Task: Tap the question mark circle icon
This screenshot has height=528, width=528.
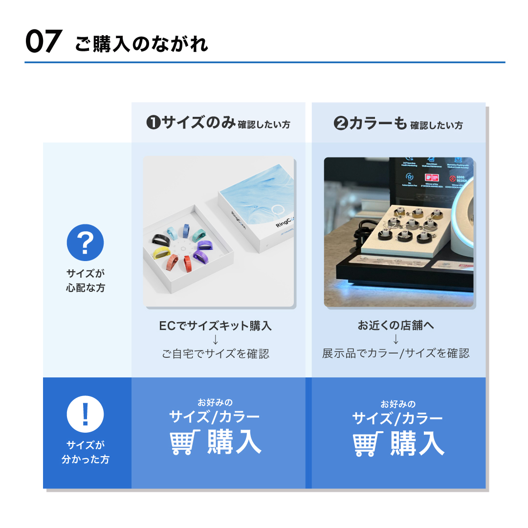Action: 85,243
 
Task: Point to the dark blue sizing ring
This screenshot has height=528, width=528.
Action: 186,230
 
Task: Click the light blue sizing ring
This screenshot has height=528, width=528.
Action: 172,232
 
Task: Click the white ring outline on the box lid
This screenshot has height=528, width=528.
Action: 278,211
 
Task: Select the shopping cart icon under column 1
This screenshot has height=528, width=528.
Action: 185,442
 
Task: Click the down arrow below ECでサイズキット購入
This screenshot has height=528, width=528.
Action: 215,340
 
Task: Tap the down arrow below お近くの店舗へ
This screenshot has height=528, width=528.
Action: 396,340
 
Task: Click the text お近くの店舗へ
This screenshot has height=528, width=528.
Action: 396,326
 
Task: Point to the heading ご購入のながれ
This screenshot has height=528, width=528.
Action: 142,44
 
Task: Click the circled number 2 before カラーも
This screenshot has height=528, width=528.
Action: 341,124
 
